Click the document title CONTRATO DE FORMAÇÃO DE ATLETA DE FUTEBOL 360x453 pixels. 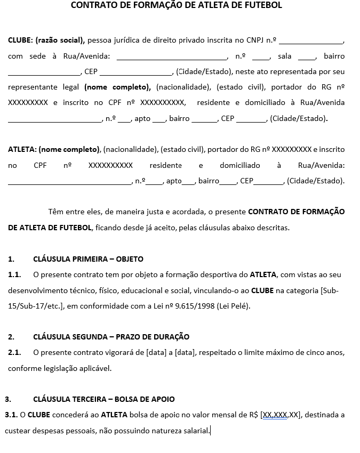click(177, 6)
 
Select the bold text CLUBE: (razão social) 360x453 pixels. click(46, 40)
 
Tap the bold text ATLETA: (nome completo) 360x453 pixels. click(54, 150)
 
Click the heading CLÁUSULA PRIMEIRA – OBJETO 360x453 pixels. click(88, 259)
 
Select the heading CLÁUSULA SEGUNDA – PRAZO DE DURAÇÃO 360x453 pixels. click(111, 337)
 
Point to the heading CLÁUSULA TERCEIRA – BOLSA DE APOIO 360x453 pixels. click(103, 399)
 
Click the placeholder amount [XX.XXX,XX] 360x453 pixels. click(281, 414)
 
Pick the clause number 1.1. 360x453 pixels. click(14, 274)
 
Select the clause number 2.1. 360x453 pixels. click(14, 352)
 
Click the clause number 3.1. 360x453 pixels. click(11, 414)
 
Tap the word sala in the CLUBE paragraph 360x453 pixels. click(284, 56)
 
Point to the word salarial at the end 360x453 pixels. click(194, 430)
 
